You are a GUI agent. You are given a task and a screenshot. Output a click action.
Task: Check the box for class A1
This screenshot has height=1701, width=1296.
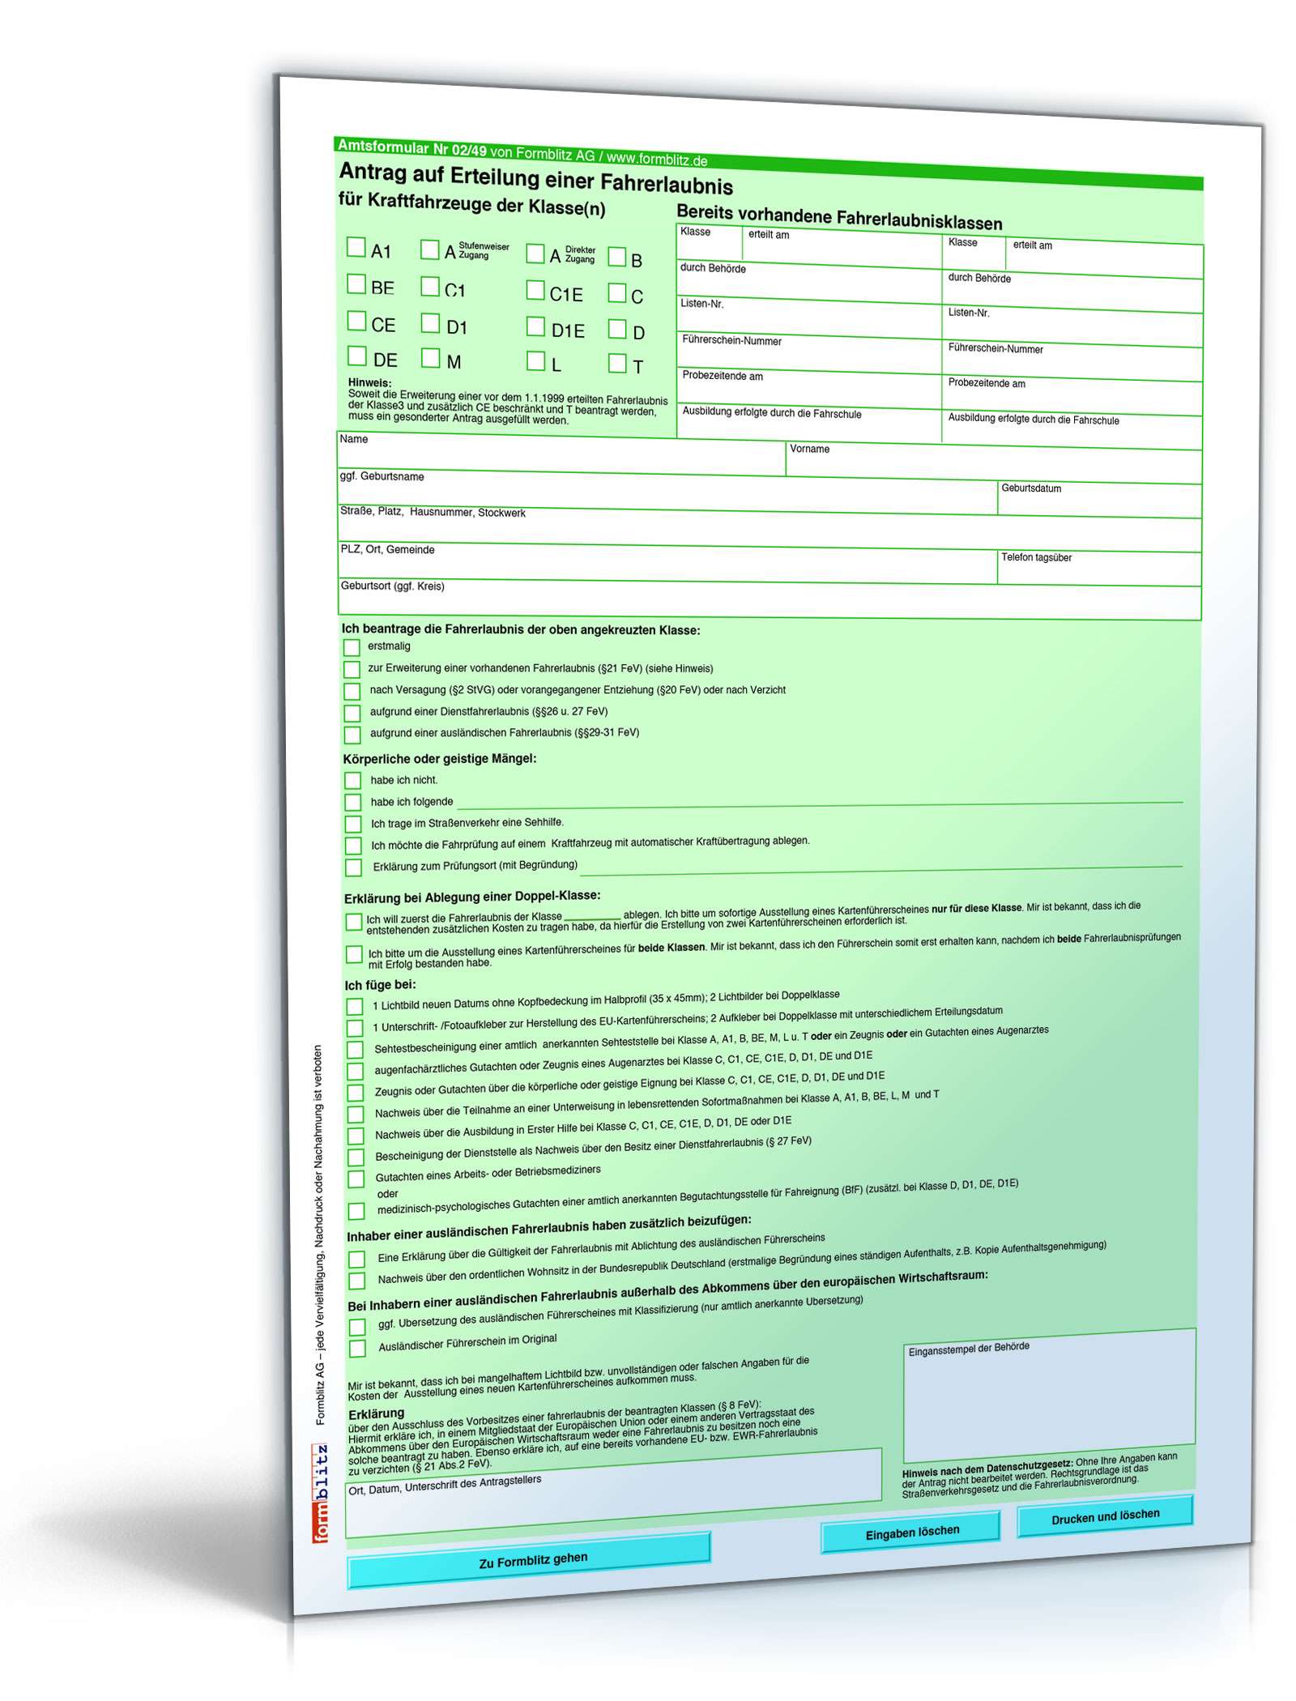pos(356,247)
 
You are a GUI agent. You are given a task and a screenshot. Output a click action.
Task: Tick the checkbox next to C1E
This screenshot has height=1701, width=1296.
pos(535,290)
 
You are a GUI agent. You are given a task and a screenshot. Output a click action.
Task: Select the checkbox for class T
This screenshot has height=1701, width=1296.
pos(617,364)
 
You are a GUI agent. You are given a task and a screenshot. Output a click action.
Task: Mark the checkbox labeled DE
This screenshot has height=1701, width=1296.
pos(356,356)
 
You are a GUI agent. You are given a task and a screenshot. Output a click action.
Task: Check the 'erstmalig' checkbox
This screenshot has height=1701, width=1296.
pos(352,647)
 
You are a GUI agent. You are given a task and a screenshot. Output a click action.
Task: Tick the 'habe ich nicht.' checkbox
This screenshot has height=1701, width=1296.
pos(352,781)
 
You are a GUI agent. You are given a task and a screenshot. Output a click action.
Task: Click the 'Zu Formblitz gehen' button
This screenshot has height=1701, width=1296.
pos(529,1561)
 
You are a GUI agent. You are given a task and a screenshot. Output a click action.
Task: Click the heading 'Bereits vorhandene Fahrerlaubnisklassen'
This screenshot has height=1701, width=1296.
pos(839,217)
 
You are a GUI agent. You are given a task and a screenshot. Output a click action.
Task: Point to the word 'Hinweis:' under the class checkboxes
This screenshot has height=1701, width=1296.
pos(369,383)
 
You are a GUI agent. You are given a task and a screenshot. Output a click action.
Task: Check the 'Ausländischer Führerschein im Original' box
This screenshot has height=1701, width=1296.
pos(357,1349)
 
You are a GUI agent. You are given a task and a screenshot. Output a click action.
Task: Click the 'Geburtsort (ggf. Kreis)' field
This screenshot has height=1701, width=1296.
pos(768,602)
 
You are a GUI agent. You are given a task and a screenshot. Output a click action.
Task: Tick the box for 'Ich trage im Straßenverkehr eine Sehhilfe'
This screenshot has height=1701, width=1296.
pos(353,825)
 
